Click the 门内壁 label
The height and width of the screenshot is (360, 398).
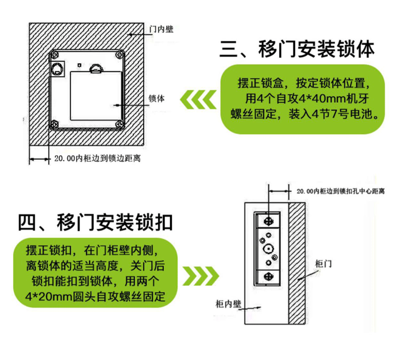tap(161, 29)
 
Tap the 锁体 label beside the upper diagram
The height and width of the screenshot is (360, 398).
tap(156, 98)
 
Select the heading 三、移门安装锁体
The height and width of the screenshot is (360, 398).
tap(297, 49)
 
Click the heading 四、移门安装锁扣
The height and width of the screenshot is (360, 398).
tap(96, 222)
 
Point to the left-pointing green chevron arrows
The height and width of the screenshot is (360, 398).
tap(198, 99)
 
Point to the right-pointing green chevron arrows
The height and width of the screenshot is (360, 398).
tap(201, 276)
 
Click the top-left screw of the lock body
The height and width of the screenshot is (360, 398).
tap(55, 55)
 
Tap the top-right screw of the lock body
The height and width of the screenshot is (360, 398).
tap(119, 55)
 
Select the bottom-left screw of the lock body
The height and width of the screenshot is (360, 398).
tap(55, 124)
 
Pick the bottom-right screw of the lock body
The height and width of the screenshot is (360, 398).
tap(119, 124)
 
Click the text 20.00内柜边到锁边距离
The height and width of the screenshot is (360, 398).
tap(98, 159)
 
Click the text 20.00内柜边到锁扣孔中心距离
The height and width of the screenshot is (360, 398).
tap(341, 191)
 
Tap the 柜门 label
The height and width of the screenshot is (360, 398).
tap(323, 264)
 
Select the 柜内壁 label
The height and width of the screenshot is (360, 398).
tap(228, 304)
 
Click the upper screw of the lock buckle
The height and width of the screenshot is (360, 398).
tap(269, 221)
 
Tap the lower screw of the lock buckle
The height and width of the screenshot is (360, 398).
tap(269, 276)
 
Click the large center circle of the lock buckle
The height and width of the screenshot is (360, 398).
tap(268, 249)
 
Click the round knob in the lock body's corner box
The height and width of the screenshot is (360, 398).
tap(58, 69)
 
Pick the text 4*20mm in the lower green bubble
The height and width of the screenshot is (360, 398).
tap(48, 296)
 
